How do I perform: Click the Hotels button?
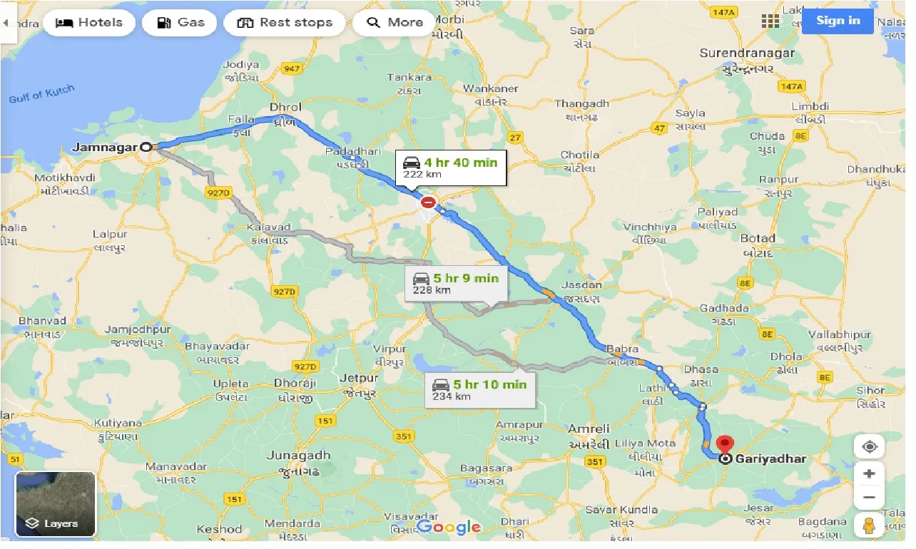point(88,23)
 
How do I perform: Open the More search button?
point(395,23)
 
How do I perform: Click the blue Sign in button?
point(838,21)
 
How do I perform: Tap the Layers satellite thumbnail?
point(56,504)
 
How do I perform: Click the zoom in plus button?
point(869,473)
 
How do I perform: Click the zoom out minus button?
point(869,498)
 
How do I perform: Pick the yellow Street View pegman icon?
point(869,526)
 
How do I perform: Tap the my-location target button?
point(869,447)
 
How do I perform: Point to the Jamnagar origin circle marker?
point(146,147)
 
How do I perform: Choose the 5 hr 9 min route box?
point(457,284)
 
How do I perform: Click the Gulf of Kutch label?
point(41,95)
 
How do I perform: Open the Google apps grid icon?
point(770,21)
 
